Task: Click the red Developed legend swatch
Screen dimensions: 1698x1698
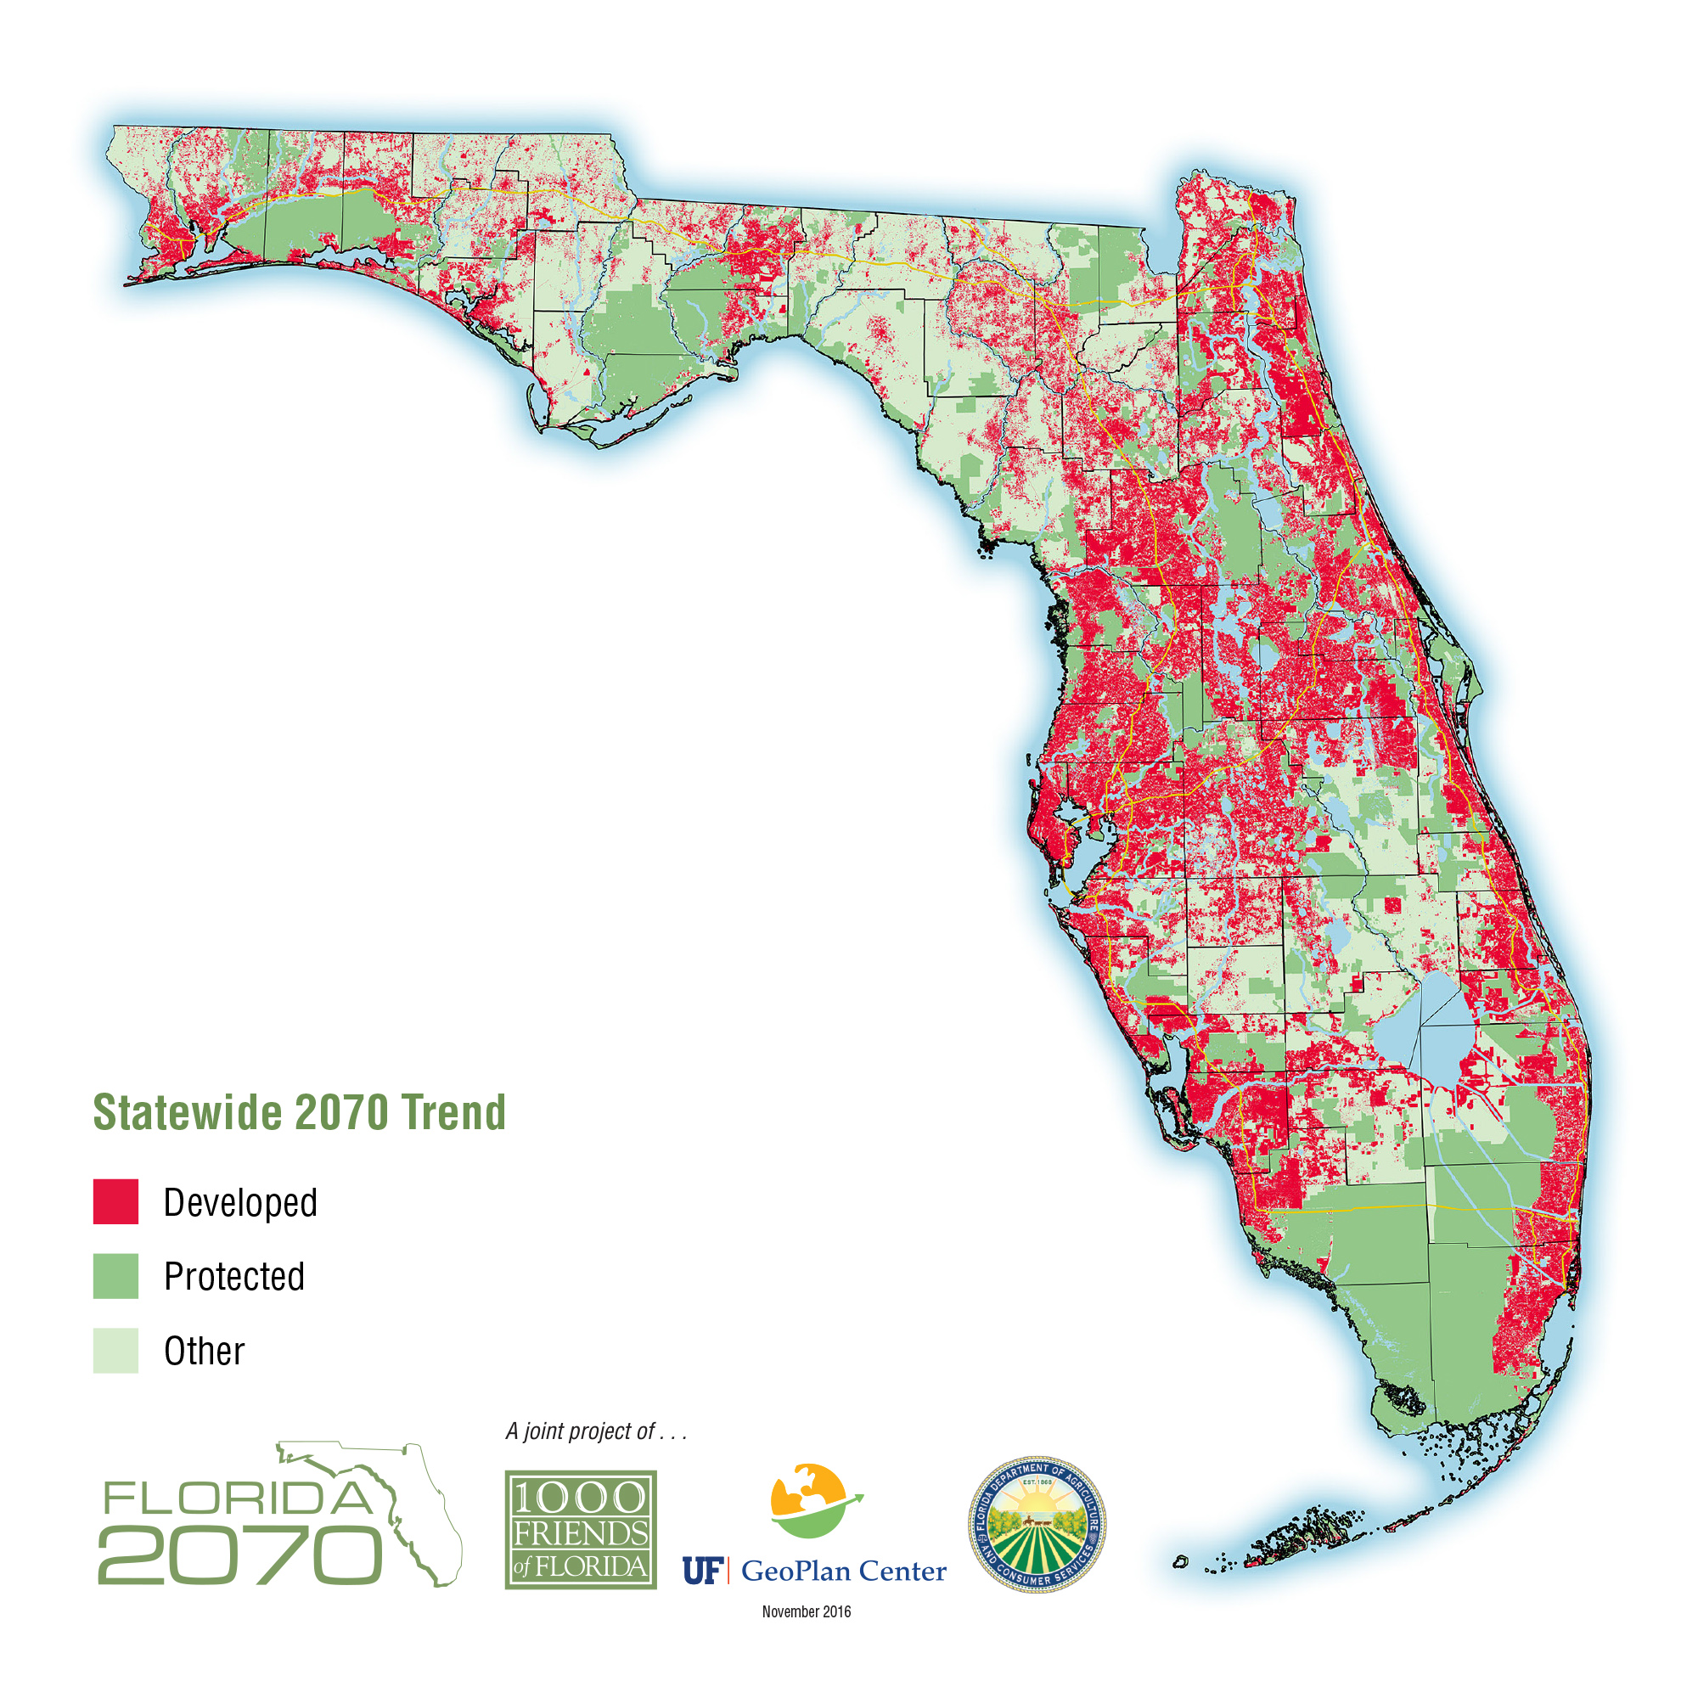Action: click(x=115, y=1201)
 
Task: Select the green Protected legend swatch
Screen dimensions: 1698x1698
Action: click(x=115, y=1275)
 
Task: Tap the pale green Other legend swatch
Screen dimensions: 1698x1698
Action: click(x=115, y=1350)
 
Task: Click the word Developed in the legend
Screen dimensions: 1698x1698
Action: click(x=240, y=1202)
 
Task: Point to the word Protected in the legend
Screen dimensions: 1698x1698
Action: click(x=233, y=1276)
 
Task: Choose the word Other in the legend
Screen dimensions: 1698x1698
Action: click(x=204, y=1351)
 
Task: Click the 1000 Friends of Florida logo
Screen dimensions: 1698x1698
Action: click(x=580, y=1530)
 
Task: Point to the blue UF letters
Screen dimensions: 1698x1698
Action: click(x=701, y=1571)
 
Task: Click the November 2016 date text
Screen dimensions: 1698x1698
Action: click(x=806, y=1612)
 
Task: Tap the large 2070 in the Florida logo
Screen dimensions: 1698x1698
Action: click(x=240, y=1555)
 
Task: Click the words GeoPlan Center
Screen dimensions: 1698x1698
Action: click(x=844, y=1571)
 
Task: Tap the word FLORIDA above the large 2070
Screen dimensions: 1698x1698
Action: click(x=238, y=1498)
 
